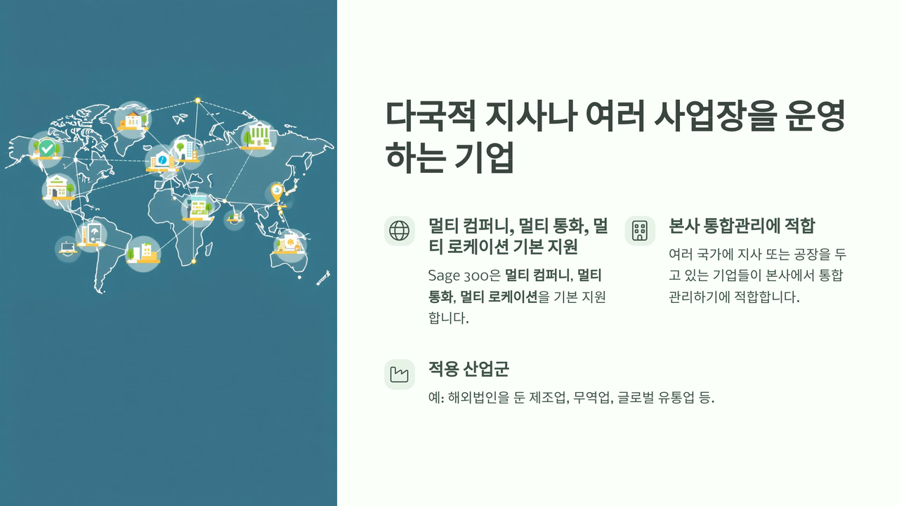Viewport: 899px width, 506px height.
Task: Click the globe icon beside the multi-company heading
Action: (400, 231)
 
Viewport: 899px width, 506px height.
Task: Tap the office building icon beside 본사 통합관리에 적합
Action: (640, 231)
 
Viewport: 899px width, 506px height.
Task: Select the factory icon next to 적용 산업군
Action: (400, 375)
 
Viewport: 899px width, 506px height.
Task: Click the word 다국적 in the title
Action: (431, 116)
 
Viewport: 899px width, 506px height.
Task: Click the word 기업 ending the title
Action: (484, 157)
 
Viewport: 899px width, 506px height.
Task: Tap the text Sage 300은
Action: (464, 275)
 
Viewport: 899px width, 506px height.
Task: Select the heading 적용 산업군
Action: (468, 369)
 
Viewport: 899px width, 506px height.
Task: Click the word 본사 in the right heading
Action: (682, 226)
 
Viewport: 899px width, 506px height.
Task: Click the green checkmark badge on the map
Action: (47, 148)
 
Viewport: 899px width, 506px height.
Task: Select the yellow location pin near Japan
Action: (277, 193)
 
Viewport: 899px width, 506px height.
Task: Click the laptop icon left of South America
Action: (67, 248)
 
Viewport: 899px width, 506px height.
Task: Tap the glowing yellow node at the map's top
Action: (197, 100)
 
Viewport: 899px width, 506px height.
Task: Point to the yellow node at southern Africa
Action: (193, 261)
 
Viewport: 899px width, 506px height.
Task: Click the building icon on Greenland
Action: (133, 119)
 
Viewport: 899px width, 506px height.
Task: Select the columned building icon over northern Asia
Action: (258, 136)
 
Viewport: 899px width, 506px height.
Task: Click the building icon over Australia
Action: (289, 244)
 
